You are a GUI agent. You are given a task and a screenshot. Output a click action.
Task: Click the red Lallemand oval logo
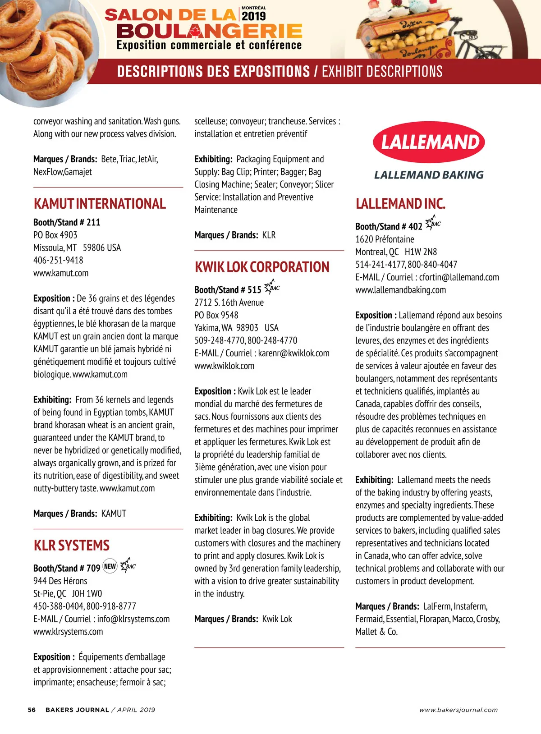429,142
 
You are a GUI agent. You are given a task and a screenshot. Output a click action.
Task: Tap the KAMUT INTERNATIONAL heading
100,204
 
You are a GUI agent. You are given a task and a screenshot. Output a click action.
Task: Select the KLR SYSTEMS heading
71,546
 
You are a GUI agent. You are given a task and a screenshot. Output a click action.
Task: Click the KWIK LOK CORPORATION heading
262,267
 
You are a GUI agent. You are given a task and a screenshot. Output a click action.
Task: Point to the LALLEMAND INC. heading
400,204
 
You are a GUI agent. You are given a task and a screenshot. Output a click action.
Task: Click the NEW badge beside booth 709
110,566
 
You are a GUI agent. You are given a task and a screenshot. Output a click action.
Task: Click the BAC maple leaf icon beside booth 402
433,223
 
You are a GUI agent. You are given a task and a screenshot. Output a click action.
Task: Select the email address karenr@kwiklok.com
293,353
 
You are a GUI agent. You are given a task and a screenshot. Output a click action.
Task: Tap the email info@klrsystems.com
133,619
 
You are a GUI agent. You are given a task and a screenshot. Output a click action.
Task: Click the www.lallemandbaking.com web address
400,290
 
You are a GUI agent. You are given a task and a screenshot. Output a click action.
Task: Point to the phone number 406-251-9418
58,260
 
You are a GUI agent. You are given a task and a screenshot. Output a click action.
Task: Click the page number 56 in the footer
32,710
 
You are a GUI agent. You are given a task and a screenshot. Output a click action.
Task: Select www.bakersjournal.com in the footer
458,710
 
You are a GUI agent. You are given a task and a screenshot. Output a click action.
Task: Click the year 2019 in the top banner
254,16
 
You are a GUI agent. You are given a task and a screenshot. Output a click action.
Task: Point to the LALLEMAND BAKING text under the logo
429,175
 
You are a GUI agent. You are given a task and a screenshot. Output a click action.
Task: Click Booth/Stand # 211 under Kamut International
67,222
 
